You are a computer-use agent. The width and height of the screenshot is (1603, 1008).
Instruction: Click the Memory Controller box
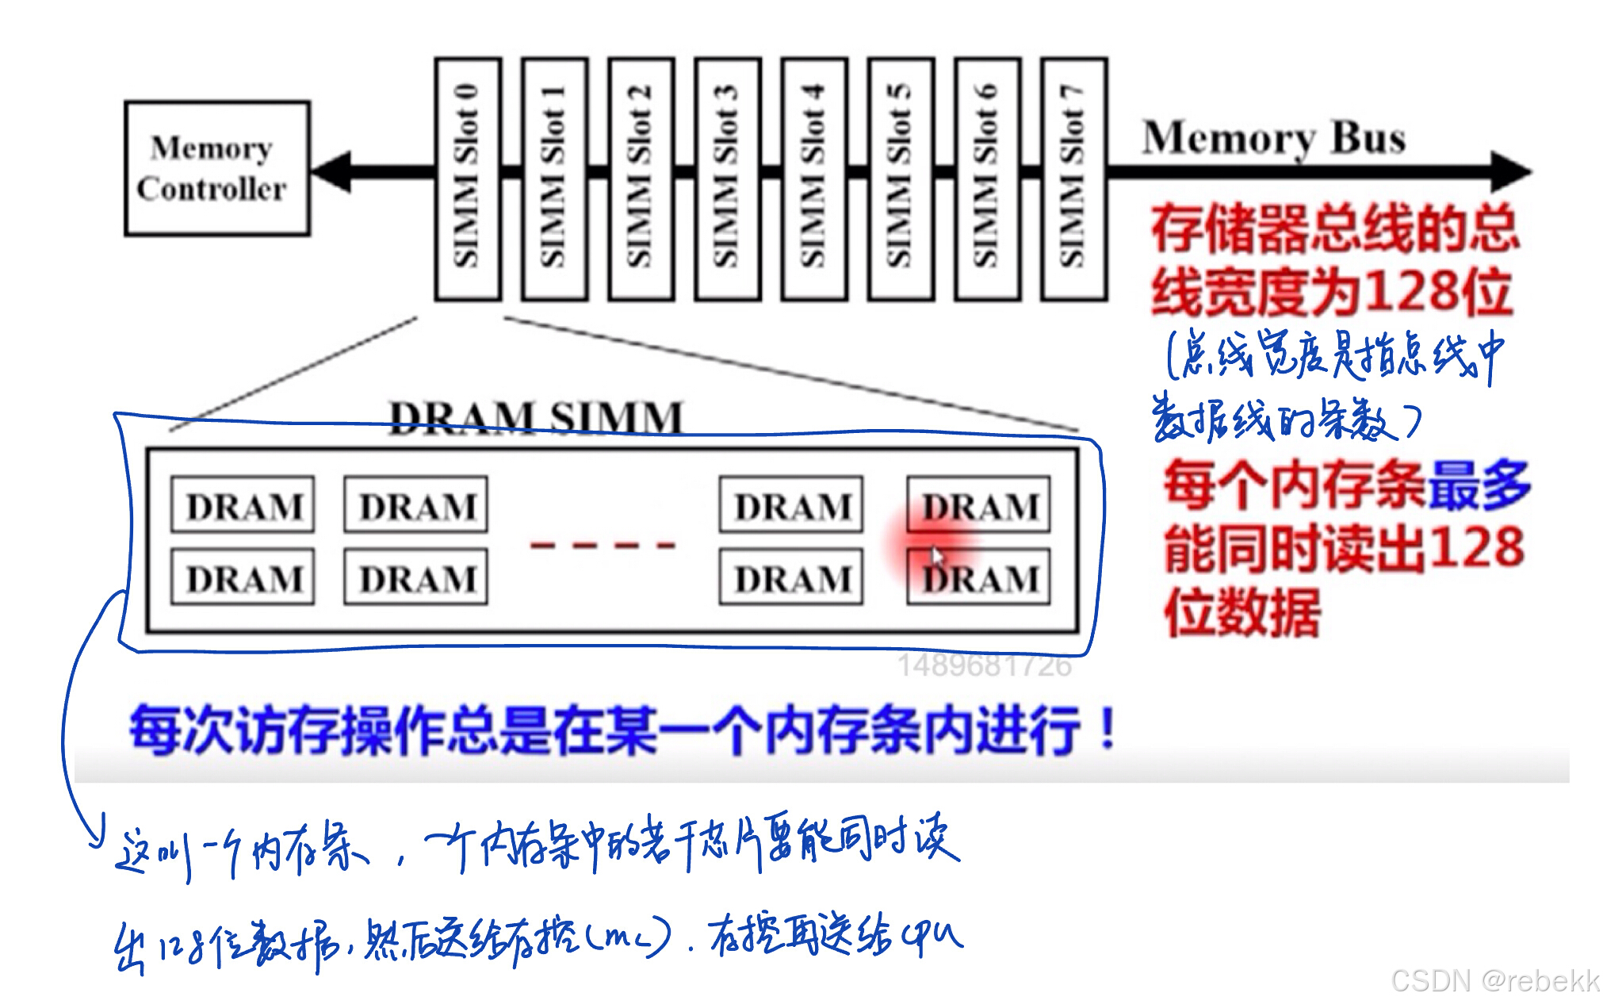tap(216, 168)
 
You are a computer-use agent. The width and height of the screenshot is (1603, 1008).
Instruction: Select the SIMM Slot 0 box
tap(468, 178)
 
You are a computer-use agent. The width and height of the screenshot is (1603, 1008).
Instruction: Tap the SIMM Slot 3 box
tap(728, 178)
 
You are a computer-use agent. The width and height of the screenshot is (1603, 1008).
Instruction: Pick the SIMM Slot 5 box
tap(901, 178)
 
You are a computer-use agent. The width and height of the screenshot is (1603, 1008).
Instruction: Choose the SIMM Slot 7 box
tap(1073, 178)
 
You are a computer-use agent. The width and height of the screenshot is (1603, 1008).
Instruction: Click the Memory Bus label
tap(1273, 138)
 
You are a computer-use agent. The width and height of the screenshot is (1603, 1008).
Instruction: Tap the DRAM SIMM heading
tap(536, 418)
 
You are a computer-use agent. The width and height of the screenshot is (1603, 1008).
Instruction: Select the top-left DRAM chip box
tap(243, 505)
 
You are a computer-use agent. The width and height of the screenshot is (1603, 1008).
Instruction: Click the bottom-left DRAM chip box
tap(243, 578)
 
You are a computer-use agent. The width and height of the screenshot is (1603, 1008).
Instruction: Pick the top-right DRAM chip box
tap(978, 505)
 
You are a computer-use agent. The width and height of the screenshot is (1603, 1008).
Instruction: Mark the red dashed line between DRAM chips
tap(603, 545)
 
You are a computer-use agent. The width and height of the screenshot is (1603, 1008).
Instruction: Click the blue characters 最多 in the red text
tap(1479, 485)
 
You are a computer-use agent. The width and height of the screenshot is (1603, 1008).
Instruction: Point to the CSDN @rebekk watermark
tap(1494, 981)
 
